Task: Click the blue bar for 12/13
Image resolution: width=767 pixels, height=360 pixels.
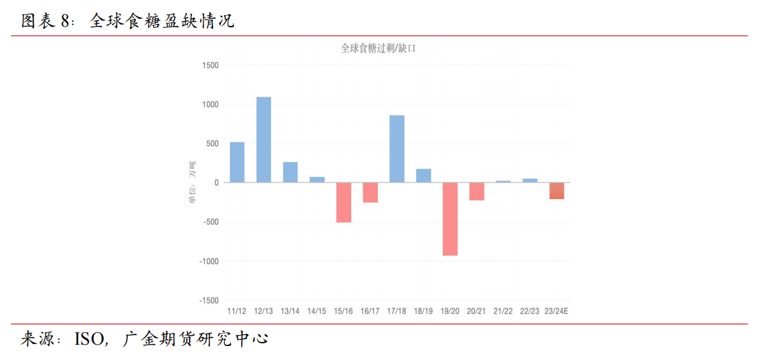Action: tap(264, 140)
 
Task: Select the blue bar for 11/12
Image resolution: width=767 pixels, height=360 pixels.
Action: tap(237, 162)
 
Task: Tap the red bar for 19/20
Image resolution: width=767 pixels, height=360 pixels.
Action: tap(450, 219)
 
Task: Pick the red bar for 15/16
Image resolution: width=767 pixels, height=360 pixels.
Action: tap(343, 202)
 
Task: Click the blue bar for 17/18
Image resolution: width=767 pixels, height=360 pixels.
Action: tap(397, 149)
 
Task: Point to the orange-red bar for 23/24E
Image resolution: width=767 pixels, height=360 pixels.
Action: tap(556, 191)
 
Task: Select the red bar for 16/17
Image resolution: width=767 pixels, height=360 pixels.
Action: tap(370, 193)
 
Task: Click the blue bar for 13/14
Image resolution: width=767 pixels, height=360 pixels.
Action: tap(290, 172)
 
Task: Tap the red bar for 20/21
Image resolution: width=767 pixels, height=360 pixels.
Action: tap(477, 191)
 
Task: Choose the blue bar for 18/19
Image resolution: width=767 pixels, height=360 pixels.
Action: tap(424, 176)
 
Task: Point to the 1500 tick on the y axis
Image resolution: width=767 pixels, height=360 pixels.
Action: tap(210, 66)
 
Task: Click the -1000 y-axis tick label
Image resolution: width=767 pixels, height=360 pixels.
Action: tap(208, 261)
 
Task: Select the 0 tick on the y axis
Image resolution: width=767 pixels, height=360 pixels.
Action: tap(216, 183)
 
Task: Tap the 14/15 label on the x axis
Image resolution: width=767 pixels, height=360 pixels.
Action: tap(317, 311)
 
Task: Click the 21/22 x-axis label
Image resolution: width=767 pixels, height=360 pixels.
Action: tap(503, 311)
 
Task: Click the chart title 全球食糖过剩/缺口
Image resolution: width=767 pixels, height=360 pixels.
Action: tap(378, 48)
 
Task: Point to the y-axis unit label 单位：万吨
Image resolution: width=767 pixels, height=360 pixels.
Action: tap(191, 183)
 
